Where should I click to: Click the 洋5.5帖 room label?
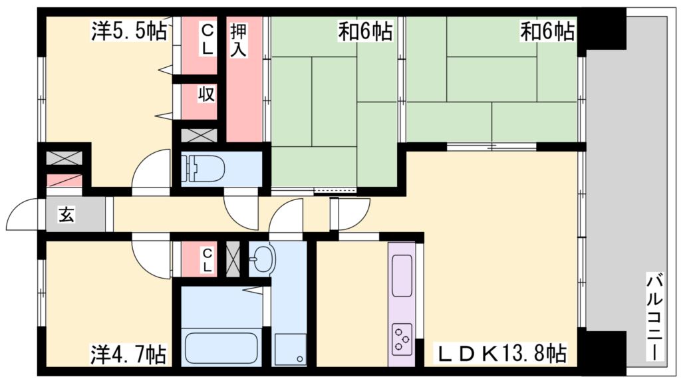tap(129, 31)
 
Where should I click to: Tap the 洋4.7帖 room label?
tap(128, 352)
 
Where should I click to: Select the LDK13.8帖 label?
tap(502, 352)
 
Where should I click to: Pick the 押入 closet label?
tap(239, 39)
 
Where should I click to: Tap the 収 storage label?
tap(207, 94)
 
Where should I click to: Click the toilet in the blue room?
tap(203, 169)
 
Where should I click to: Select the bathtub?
tap(221, 346)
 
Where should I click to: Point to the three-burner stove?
tap(402, 337)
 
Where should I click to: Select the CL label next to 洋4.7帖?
tap(207, 259)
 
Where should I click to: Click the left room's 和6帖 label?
tap(364, 31)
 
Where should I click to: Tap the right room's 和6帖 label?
tap(547, 31)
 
